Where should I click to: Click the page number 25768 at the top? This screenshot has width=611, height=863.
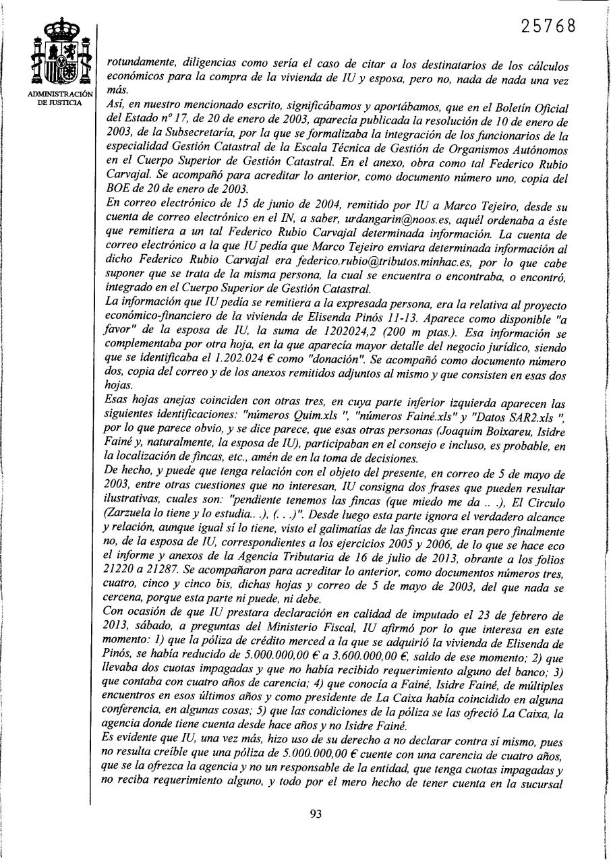pyautogui.click(x=549, y=26)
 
